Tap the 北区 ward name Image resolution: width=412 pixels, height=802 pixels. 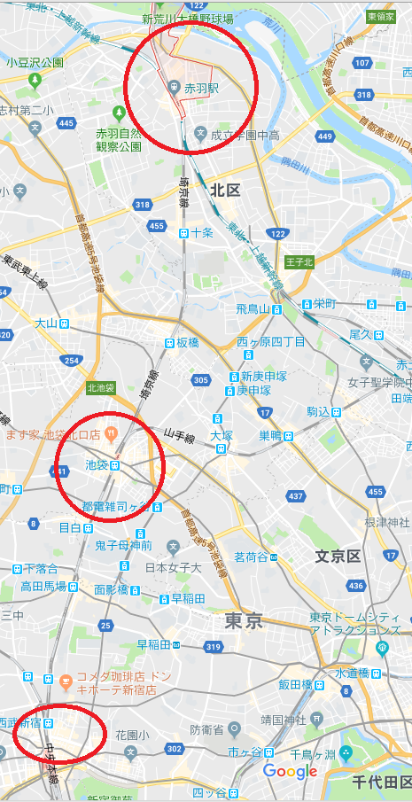(x=226, y=191)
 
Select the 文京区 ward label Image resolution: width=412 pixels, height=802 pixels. (x=338, y=556)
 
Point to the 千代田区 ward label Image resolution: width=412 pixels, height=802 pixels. (x=382, y=782)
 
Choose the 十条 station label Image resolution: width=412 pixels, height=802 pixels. (x=203, y=233)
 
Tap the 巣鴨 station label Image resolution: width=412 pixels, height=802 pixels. (x=269, y=435)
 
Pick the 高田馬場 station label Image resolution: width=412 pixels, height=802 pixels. (x=43, y=587)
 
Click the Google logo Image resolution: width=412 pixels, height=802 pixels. (x=290, y=772)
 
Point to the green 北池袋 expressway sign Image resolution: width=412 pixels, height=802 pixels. (x=100, y=387)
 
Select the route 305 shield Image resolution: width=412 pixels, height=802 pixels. (x=200, y=379)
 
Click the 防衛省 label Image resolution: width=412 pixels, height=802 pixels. (x=201, y=728)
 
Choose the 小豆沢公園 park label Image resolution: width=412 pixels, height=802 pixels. (x=35, y=62)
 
